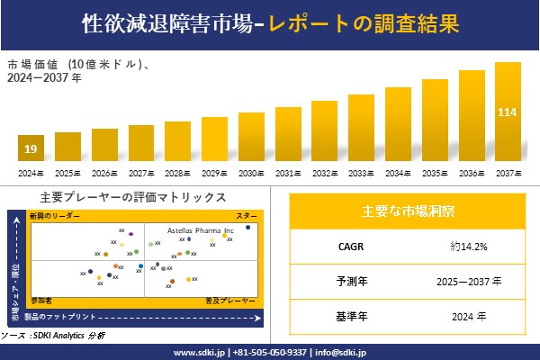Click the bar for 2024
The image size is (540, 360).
31,148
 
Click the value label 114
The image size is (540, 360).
508,112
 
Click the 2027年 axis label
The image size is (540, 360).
141,173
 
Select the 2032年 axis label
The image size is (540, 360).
325,173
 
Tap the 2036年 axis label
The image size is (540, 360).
472,173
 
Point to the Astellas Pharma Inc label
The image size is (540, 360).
201,230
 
